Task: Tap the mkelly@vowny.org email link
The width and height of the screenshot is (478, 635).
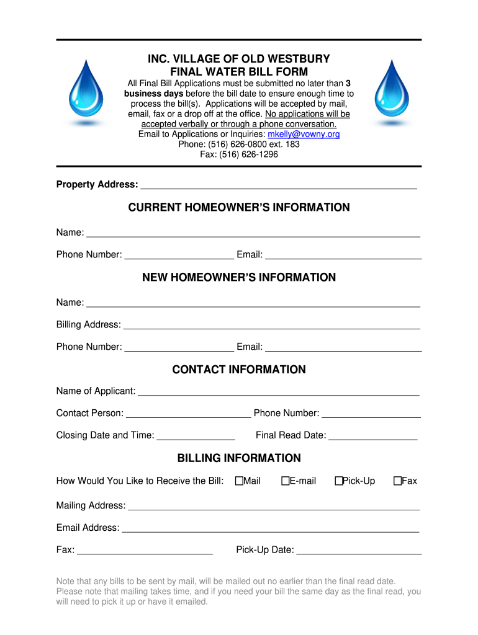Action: (304, 135)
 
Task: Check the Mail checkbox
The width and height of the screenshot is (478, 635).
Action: (238, 481)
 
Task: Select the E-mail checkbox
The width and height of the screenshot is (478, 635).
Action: (285, 481)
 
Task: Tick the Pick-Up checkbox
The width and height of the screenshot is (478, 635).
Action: (338, 481)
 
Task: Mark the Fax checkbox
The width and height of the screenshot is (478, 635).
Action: (397, 481)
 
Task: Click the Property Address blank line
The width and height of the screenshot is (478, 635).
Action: (279, 185)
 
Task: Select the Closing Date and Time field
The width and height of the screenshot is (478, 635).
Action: (196, 436)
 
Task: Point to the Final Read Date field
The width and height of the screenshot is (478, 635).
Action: (372, 436)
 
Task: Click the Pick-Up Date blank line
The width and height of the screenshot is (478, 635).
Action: (359, 550)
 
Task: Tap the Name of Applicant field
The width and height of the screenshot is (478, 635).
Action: (278, 391)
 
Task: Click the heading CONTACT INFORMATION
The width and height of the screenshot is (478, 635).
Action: (239, 370)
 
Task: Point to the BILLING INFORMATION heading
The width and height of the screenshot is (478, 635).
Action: (239, 458)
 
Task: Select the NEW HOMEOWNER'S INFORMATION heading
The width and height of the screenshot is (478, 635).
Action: (239, 277)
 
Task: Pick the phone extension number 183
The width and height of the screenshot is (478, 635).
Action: (292, 144)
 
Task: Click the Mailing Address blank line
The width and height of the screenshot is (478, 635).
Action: (274, 506)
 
